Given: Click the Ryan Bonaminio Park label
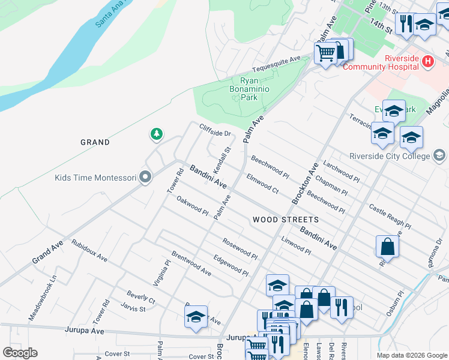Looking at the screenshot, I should [257, 88].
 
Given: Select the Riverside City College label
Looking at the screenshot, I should [393, 156].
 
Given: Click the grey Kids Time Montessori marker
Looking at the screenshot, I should [145, 178].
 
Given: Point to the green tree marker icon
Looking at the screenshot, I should [157, 133].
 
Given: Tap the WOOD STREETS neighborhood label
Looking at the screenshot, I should [285, 220].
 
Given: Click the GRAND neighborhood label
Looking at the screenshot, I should [95, 142].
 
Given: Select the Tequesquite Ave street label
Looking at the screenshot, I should [276, 62].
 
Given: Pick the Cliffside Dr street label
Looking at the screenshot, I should [215, 129].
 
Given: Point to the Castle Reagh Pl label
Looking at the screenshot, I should [390, 217].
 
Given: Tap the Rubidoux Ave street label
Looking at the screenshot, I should [89, 251].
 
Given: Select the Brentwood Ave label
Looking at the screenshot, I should [191, 263].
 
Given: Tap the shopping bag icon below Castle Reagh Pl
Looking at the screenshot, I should [387, 245].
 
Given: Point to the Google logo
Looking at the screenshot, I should [20, 353].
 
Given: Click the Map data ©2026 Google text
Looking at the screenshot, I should [412, 355].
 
